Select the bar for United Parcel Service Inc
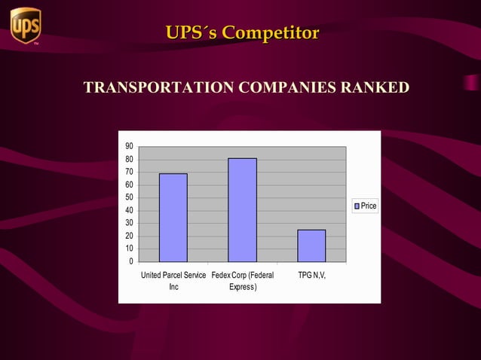pos(173,218)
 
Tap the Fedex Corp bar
pos(242,210)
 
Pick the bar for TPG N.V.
pos(311,246)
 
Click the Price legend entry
pos(365,206)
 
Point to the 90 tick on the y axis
pos(130,146)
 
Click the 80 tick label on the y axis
pos(130,159)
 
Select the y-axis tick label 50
pos(130,197)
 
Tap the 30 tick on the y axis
pos(130,223)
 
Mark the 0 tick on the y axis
pos(131,261)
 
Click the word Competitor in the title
pos(271,33)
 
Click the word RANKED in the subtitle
pos(375,88)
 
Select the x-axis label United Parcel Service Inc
pos(173,281)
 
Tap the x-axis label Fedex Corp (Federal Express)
pos(243,281)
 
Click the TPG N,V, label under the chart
pos(311,276)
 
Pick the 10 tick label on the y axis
pos(130,249)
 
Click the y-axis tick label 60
pos(130,185)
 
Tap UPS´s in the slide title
pos(191,33)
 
